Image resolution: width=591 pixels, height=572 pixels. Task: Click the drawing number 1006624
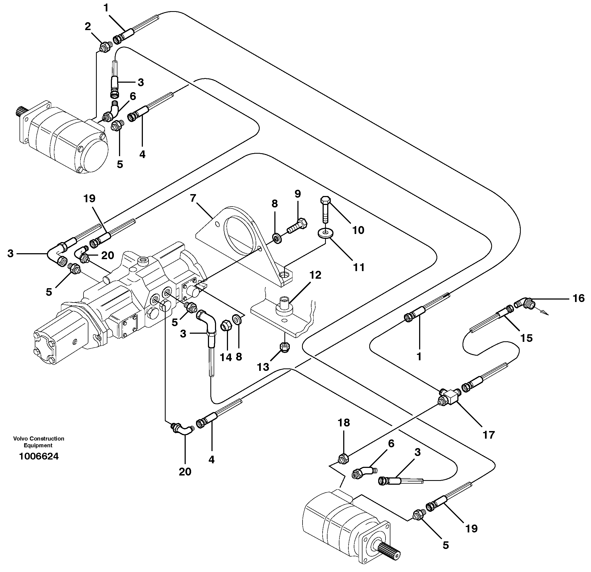coord(38,456)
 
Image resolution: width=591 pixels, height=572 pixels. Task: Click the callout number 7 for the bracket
coord(193,198)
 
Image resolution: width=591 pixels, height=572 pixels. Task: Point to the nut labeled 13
coord(285,347)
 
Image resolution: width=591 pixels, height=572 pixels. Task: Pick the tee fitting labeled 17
coord(449,394)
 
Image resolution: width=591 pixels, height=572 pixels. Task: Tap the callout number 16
coord(578,298)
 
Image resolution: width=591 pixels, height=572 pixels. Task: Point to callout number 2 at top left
coord(88,27)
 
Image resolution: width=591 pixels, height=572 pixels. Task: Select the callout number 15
coord(526,338)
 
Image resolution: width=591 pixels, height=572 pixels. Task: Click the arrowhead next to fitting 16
coord(545,314)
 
